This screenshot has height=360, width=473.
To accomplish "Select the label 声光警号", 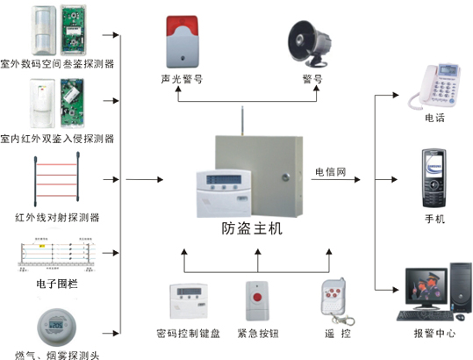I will (182, 78).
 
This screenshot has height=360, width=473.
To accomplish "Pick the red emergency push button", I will (258, 299).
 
